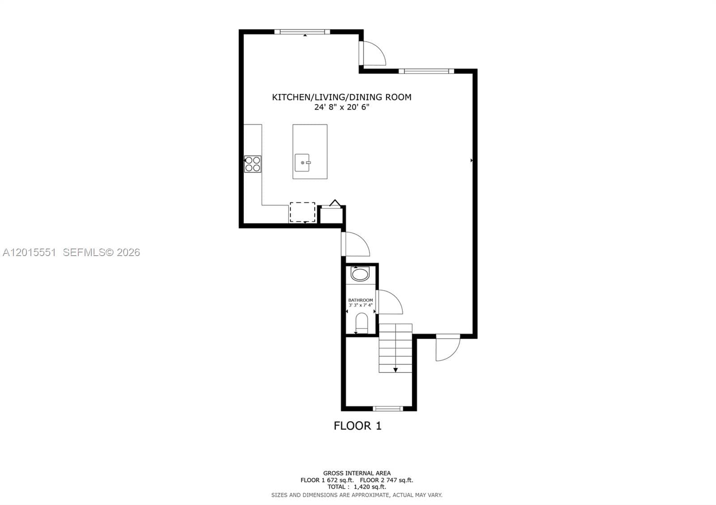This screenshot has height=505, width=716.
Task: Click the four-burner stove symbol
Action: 252,164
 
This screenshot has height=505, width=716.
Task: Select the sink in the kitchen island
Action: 303,163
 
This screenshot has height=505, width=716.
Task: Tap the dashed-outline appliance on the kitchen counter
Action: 303,212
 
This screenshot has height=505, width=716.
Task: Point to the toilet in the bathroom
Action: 362,323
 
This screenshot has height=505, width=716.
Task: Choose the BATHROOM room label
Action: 361,300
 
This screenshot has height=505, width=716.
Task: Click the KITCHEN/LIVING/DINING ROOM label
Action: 342,97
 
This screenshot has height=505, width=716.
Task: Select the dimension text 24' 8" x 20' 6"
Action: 342,107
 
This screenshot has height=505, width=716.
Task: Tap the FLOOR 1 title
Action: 358,425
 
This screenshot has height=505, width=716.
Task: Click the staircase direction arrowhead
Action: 396,370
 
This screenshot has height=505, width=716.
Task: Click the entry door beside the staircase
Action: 448,348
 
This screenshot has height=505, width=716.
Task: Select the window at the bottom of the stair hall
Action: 388,408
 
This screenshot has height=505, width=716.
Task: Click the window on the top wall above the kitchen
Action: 302,32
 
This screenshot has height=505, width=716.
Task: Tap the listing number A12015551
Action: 30,252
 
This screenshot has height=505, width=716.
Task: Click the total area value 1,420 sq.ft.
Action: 370,487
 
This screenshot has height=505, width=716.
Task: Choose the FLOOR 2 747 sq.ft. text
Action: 387,480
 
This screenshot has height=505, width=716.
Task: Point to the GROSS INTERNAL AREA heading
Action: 357,473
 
